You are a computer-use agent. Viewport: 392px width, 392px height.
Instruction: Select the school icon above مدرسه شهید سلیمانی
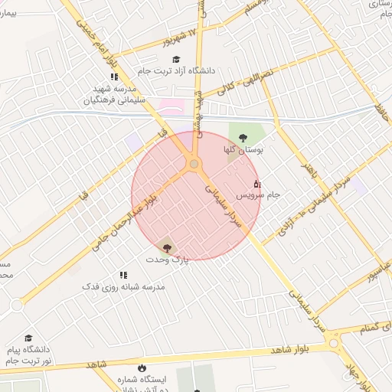click(x=114, y=77)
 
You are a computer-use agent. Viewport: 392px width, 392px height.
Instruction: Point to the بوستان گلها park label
click(x=243, y=149)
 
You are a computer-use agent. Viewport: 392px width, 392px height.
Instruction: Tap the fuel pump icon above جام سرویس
click(x=256, y=184)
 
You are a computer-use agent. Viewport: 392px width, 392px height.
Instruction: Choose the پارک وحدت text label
click(x=167, y=260)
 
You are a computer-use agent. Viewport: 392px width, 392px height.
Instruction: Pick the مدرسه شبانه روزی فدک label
click(x=123, y=286)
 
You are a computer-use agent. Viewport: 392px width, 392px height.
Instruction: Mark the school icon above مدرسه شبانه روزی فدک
click(x=122, y=275)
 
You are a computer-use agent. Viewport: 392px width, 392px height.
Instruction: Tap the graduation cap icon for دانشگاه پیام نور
click(x=28, y=338)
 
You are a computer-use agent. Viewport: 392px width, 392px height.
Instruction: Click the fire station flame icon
click(x=141, y=367)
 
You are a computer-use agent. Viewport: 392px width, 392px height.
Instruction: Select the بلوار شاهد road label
click(x=289, y=348)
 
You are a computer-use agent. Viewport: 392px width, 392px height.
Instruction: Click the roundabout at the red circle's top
click(x=194, y=164)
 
